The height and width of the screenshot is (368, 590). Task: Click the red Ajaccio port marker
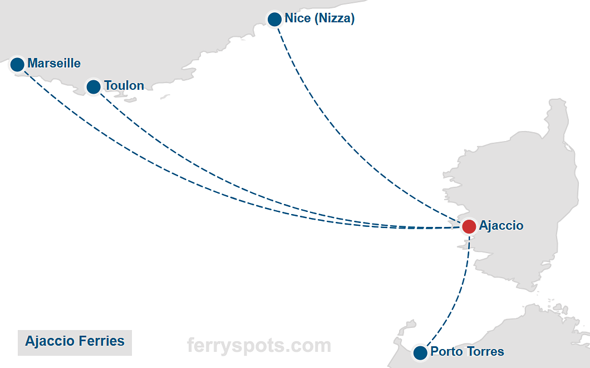point(469,226)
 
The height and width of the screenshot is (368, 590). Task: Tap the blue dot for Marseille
point(17,65)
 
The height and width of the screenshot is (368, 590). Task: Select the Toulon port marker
point(94,86)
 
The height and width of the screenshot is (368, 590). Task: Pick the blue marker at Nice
point(274,20)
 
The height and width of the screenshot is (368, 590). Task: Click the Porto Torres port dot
point(420,352)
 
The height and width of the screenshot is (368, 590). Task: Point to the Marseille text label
point(54,64)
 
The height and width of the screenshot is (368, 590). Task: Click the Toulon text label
point(124,86)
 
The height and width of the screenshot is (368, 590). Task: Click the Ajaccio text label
point(501,226)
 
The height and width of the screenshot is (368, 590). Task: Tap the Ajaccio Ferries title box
point(75,341)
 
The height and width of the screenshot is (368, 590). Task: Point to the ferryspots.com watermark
point(259,345)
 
